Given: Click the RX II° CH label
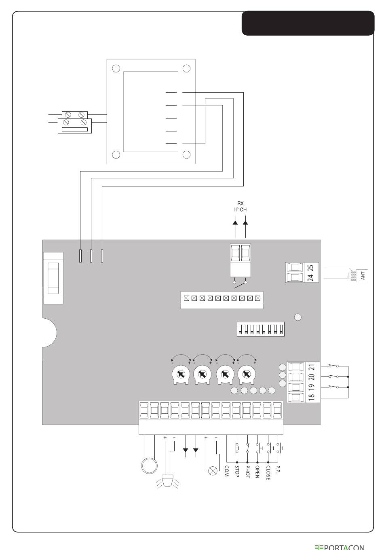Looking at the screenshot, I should tap(241, 207).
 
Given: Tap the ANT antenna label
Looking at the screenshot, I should tap(363, 276).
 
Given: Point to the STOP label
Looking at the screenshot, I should tap(237, 472).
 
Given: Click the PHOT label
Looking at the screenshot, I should tap(247, 472).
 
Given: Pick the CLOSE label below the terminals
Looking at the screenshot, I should tap(268, 473).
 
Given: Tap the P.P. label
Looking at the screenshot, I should tap(278, 470).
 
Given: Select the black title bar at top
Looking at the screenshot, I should tap(308, 23).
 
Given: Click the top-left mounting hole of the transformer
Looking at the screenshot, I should tap(116, 68).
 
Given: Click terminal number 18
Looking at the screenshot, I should tap(312, 396).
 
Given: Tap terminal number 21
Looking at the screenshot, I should tap(312, 367).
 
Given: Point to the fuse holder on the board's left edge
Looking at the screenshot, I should tap(53, 278).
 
